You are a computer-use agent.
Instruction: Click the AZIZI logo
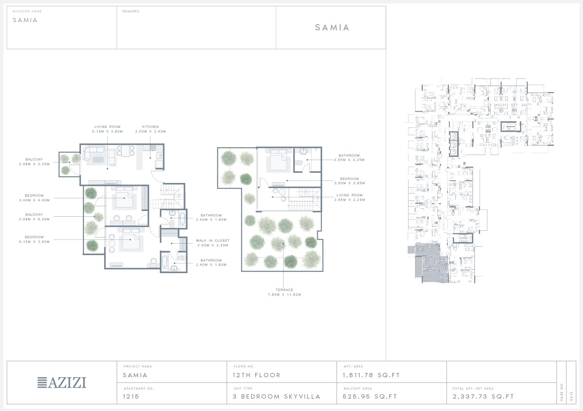coord(62,383)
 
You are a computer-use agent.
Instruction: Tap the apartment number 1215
coord(131,397)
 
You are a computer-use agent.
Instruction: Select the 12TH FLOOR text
coord(257,375)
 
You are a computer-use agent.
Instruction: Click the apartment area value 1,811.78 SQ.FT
coord(371,375)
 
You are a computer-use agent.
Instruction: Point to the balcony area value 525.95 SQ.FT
coord(370,397)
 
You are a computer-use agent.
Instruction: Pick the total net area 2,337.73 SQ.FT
coord(484,397)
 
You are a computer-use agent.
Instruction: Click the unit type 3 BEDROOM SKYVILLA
coord(276,397)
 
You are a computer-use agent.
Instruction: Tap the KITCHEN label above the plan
coord(150,127)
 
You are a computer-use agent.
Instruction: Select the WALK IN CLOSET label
coord(213,240)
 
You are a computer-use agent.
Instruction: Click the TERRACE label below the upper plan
coord(284,290)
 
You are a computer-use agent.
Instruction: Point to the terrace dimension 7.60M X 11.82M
coord(285,294)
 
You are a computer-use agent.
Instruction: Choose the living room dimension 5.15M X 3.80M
coord(108,131)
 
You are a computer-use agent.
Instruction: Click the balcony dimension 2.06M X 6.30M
coord(34,219)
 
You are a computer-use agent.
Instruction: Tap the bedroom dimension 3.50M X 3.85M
coord(349,183)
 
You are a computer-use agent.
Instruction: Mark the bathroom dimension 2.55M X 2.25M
coord(349,160)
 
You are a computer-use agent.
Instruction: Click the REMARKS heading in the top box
coord(131,11)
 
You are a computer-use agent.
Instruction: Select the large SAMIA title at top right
coord(332,27)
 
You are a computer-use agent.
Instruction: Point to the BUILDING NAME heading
coord(27,11)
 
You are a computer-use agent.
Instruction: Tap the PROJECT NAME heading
coord(138,366)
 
